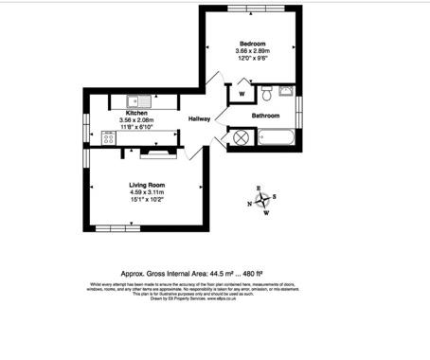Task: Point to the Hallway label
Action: click(199, 119)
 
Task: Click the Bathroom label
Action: click(266, 116)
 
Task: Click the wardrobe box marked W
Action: click(242, 94)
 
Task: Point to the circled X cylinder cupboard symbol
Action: click(241, 137)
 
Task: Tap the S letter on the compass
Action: click(275, 197)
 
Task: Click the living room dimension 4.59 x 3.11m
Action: click(148, 192)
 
